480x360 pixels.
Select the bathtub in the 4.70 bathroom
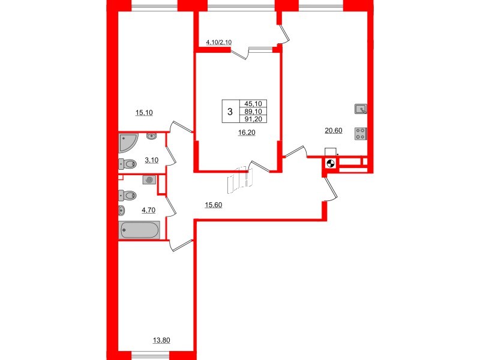coord(139,230)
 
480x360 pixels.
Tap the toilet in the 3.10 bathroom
coord(127,163)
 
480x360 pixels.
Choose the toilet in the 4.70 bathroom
coord(127,194)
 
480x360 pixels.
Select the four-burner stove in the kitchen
coord(361,134)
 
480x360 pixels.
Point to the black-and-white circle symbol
coord(329,164)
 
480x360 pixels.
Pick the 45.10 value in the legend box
coord(254,103)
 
